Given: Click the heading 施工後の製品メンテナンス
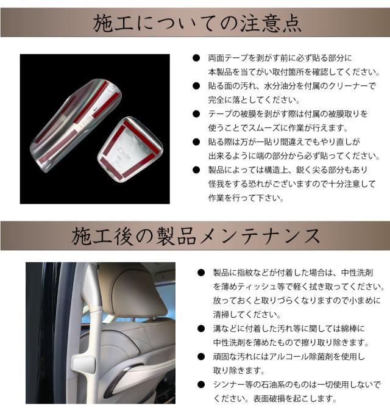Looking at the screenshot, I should pos(196,235).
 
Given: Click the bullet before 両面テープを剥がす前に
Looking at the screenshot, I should pos(196,58).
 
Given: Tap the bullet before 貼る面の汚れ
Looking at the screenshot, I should pos(196,86).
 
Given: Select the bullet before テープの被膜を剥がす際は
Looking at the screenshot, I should pos(196,114).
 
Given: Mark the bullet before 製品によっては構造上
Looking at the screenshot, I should pos(196,170).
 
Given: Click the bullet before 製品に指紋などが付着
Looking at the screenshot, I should pos(200,273).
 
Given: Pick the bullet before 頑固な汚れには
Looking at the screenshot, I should pos(200,357).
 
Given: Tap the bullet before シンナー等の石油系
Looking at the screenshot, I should pos(200,385).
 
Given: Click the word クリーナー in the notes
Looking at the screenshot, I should pos(341,86).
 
